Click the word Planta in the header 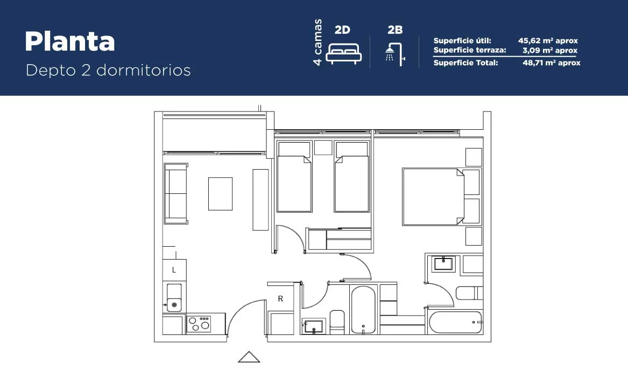(x=70, y=41)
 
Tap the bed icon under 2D (x=344, y=53)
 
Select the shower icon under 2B (x=395, y=54)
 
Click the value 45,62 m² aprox (x=548, y=40)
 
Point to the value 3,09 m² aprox (x=550, y=51)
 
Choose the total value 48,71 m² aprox (x=551, y=62)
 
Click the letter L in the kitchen (x=174, y=270)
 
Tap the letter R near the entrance (x=280, y=298)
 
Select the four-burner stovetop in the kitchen (x=199, y=324)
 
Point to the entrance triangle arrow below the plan (x=249, y=357)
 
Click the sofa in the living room (x=176, y=193)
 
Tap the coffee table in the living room (x=220, y=194)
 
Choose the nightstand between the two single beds (x=323, y=148)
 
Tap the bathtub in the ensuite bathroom (x=455, y=322)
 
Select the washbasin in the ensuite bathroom (x=443, y=263)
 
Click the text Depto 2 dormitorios (x=108, y=70)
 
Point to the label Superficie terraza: (x=470, y=50)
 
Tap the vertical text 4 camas (x=317, y=42)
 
